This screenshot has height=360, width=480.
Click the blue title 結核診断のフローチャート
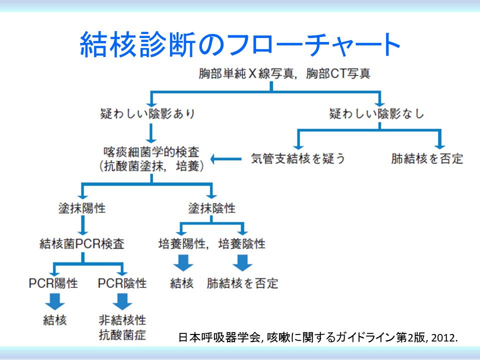[240, 44]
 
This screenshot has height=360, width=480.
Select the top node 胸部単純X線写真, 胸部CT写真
[284, 73]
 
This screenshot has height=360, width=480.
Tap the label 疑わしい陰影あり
[148, 113]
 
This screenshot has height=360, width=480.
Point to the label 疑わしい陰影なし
[377, 113]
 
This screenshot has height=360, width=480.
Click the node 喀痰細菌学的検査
[151, 152]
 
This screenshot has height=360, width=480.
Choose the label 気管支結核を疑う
[298, 158]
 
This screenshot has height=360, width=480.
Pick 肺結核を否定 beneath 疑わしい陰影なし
[427, 158]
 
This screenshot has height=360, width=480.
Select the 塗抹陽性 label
[82, 208]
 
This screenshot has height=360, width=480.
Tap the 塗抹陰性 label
[212, 208]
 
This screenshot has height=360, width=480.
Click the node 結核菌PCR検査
[82, 243]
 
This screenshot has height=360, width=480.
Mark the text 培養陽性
[182, 243]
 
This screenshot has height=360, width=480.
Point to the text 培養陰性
[242, 243]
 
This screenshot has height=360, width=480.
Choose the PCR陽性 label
[53, 283]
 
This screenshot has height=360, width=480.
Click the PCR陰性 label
[122, 283]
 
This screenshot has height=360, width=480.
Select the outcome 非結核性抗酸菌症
[122, 327]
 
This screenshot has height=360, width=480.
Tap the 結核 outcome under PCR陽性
[55, 320]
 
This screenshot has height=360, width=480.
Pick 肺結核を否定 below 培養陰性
[242, 283]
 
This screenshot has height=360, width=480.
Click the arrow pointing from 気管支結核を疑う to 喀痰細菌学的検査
[226, 159]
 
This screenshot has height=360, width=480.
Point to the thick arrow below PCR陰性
[122, 301]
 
